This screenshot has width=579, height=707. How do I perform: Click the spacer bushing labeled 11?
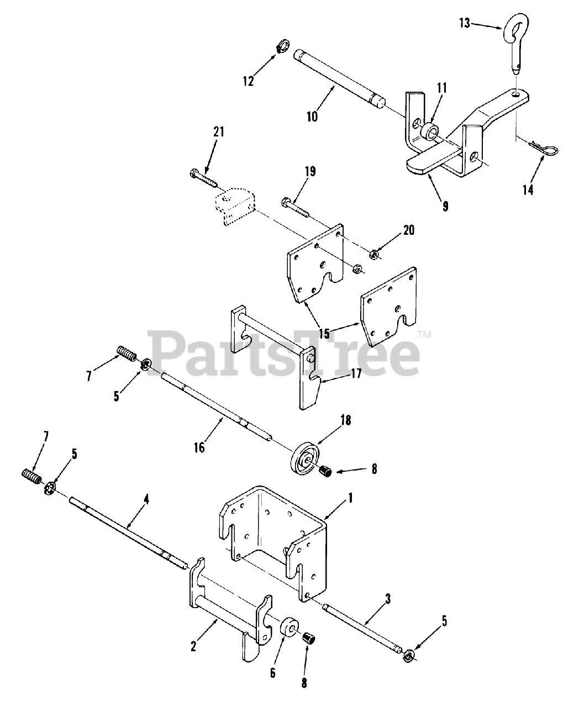tap(426, 133)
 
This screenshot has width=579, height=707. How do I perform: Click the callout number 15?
tap(324, 334)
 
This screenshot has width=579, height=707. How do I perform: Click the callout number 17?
tap(355, 374)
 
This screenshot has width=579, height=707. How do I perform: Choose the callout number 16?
tap(199, 447)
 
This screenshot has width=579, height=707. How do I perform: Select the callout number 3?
tap(388, 598)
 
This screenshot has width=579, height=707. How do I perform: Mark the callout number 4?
tap(146, 500)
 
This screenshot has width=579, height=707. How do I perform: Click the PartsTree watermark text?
tap(282, 351)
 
